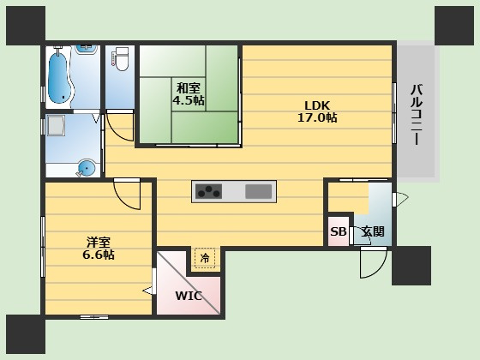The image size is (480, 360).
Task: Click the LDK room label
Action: pos(317,105)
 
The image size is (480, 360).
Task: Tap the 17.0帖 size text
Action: pos(317,117)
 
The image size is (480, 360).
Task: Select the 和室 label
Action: pos(189,88)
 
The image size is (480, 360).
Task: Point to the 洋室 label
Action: pos(99,243)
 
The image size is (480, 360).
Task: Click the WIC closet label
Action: pos(189,296)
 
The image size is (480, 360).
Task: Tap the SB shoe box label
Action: pos(339,231)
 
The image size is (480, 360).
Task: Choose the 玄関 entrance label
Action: pos(373,231)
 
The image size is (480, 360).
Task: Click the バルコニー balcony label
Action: pos(417,115)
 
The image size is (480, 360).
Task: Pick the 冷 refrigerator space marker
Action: pos(205,258)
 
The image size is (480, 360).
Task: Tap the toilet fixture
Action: pos(122,59)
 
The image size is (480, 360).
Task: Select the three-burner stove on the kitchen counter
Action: pos(209,191)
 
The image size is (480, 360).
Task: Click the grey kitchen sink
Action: pos(259,192)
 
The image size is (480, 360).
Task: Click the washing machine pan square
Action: pos(56,125)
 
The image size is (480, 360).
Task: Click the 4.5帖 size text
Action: pos(189,99)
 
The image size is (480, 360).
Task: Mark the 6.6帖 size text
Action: pos(99,255)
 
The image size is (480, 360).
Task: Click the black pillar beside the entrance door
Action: pos(411,266)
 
